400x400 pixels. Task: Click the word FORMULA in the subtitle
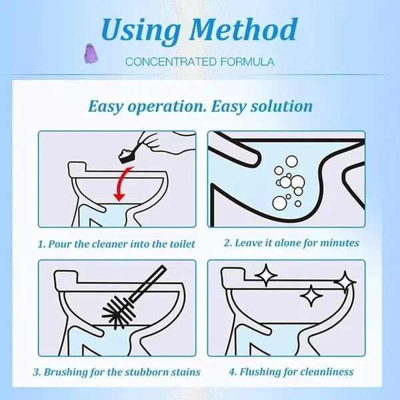(242, 62)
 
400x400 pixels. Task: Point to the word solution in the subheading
(279, 106)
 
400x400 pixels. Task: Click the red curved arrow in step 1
(120, 183)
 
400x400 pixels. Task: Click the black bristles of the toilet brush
(119, 312)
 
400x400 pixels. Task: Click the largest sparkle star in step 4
(266, 275)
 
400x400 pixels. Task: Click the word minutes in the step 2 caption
(338, 243)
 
